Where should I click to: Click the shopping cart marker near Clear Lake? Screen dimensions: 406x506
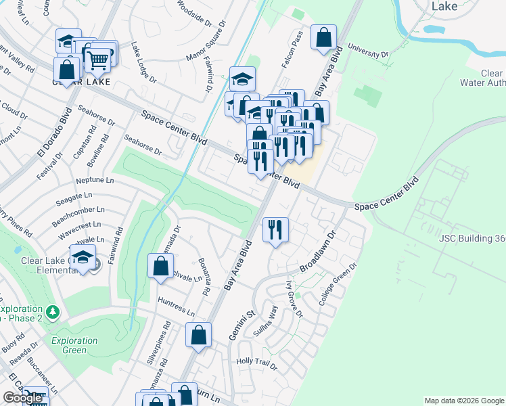(97, 60)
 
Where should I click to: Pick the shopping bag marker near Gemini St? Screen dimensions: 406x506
(198, 334)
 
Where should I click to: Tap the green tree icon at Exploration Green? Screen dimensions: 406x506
(52, 313)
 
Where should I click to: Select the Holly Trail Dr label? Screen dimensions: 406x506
(257, 362)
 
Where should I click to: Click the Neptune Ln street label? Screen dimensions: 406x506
(95, 181)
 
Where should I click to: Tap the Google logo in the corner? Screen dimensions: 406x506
(23, 398)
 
